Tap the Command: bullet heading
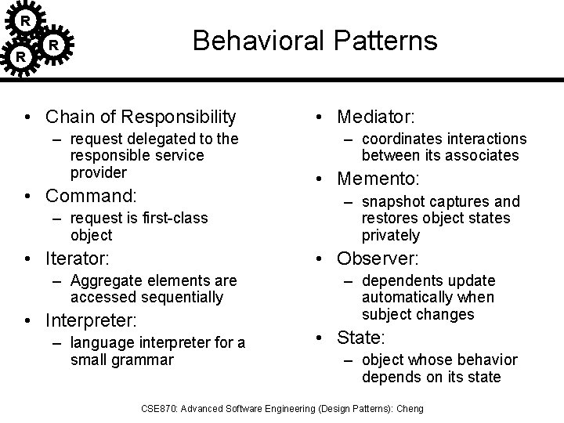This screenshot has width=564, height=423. pos(91,194)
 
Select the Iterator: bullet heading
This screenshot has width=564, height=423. pos(78,257)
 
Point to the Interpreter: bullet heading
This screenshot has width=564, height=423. pos(91,320)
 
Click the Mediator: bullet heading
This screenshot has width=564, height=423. pos(375,117)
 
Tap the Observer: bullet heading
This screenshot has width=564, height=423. pos(378,258)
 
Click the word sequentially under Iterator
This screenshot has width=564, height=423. pos(183,297)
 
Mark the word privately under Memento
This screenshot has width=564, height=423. pos(391,235)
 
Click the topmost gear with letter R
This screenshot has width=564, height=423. pos(26,19)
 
